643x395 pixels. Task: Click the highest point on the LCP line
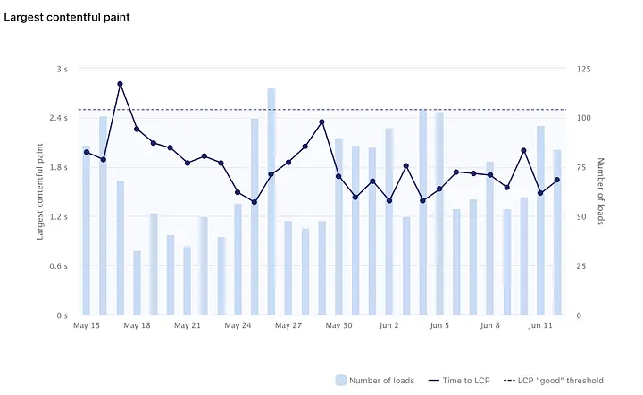coord(120,84)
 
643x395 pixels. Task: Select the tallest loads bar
coord(271,202)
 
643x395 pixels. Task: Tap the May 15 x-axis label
coord(87,326)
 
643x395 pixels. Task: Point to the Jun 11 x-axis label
coord(540,326)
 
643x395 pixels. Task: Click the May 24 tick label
coord(238,326)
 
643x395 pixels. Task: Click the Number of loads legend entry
coord(375,381)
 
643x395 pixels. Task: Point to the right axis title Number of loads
coord(601,192)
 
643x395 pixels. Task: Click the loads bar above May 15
coord(87,231)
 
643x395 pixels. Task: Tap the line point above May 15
coord(87,152)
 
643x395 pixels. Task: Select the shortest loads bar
coord(137,283)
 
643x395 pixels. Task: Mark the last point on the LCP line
coord(557,180)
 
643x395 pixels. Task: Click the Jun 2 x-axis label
coord(389,326)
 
